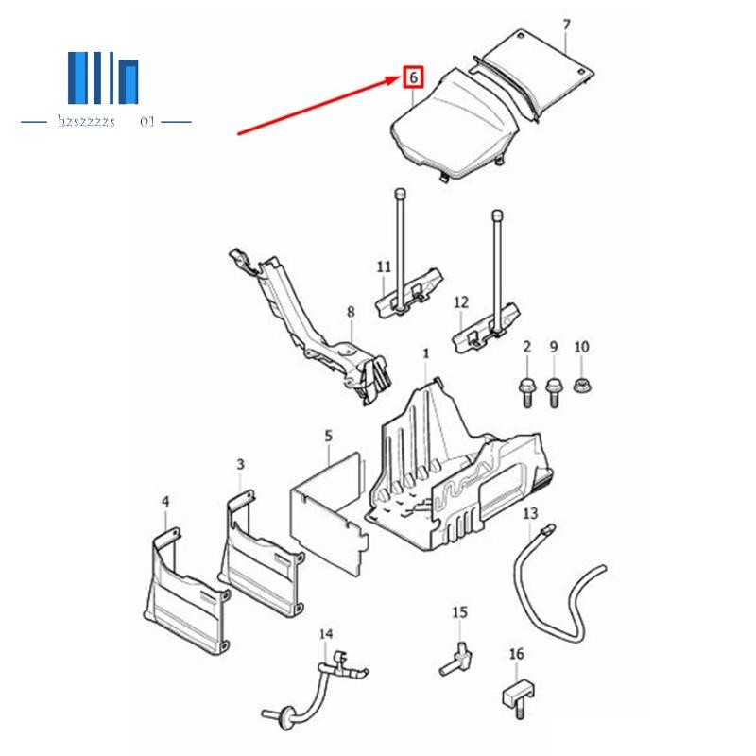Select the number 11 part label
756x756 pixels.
coord(383,267)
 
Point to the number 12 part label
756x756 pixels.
coord(461,302)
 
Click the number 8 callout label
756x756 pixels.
coord(350,311)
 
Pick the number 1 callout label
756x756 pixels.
coord(426,352)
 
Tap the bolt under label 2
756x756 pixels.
coord(527,389)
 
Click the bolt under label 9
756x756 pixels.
coord(554,389)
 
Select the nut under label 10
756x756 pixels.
coord(581,385)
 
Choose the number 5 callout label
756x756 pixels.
coord(328,436)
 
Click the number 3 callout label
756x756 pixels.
coord(240,464)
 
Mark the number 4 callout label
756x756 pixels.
coord(165,503)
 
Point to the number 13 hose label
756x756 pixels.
coord(530,513)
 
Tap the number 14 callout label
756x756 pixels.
coord(326,634)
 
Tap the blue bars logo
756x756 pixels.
coord(103,81)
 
